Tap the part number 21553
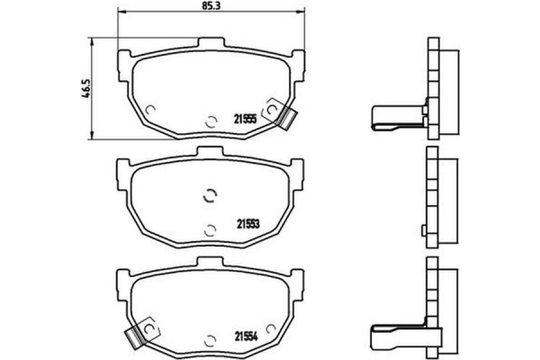click(x=247, y=225)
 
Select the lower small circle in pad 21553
click(x=209, y=229)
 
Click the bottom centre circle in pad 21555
click(x=209, y=121)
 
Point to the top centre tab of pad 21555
click(x=209, y=42)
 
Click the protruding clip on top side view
click(x=394, y=116)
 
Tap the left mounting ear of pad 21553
click(x=122, y=167)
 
